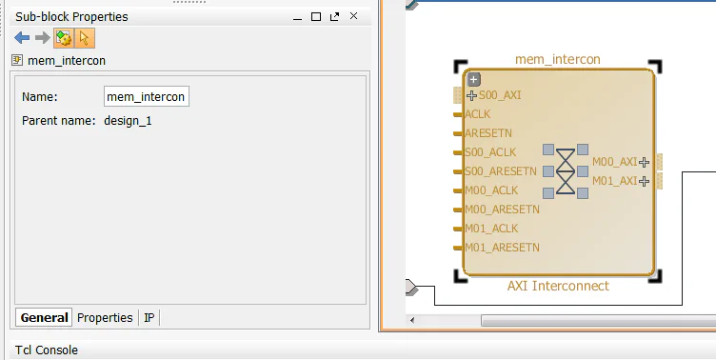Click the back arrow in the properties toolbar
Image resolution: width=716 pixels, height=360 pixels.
[22, 38]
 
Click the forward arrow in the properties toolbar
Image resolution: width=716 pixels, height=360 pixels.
[42, 38]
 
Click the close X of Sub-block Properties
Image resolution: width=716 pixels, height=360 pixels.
[354, 16]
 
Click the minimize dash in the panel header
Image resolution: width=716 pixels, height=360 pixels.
[298, 16]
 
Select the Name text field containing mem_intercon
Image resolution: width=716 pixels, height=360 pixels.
[147, 96]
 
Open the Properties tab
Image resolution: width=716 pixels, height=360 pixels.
[105, 318]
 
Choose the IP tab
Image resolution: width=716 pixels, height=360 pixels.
[149, 318]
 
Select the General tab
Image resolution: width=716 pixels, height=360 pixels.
[44, 318]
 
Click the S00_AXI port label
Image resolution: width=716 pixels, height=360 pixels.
[500, 95]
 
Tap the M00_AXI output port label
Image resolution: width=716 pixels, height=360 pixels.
[614, 162]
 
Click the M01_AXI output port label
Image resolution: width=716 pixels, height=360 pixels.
[614, 181]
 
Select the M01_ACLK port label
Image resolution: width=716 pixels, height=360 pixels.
[491, 229]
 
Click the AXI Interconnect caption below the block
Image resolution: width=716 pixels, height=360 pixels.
[558, 286]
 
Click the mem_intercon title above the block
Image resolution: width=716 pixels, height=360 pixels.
[558, 60]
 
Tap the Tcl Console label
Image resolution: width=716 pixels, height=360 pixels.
[47, 350]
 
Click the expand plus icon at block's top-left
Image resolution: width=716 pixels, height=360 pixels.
[474, 80]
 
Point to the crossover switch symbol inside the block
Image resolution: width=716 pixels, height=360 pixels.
[566, 171]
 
